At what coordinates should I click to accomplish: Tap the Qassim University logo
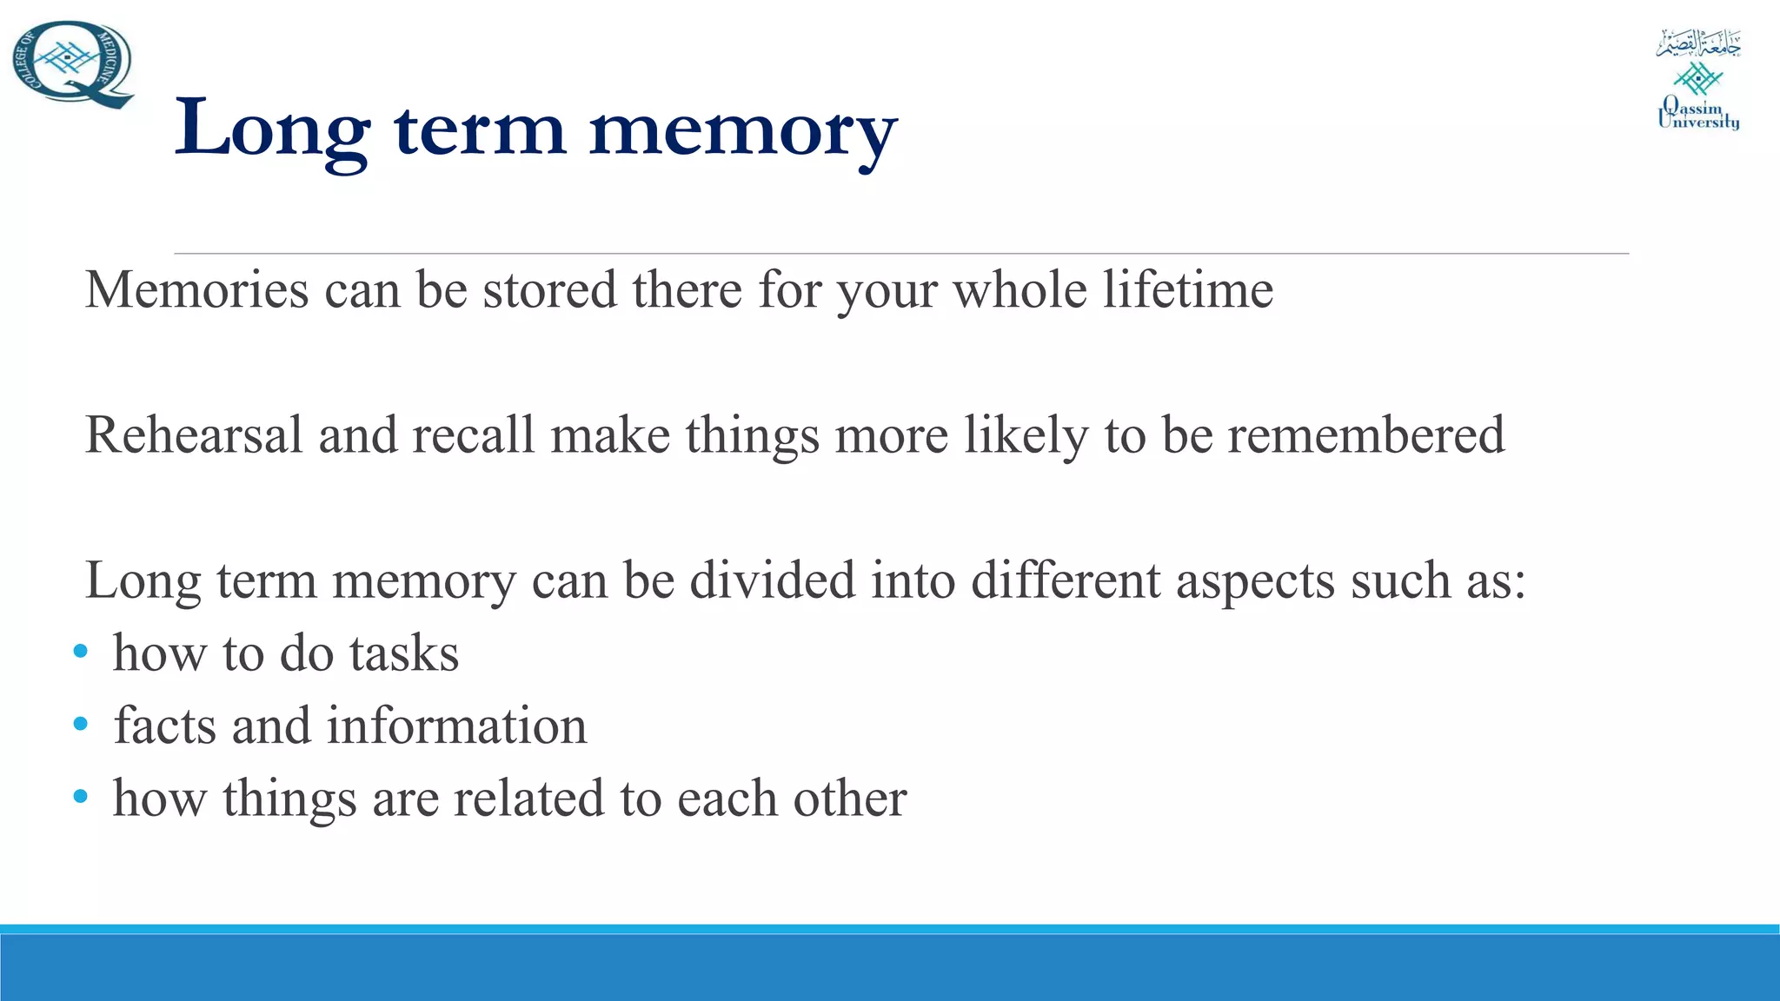pyautogui.click(x=1698, y=80)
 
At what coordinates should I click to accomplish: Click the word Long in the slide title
pyautogui.click(x=272, y=129)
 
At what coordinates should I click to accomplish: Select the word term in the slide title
pyautogui.click(x=480, y=129)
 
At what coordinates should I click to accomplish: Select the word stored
pyautogui.click(x=549, y=289)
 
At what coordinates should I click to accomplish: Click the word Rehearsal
pyautogui.click(x=194, y=434)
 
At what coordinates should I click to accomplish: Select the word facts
pyautogui.click(x=164, y=726)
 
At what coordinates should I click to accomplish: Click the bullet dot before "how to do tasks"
pyautogui.click(x=81, y=652)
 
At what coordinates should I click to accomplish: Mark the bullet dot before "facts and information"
pyautogui.click(x=81, y=724)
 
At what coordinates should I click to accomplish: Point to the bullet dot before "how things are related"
pyautogui.click(x=81, y=796)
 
